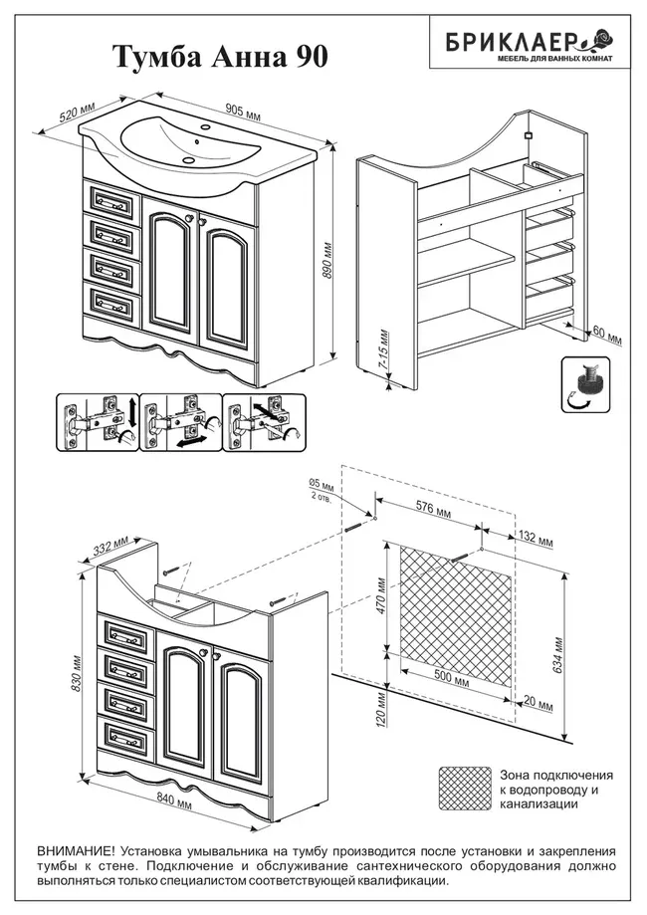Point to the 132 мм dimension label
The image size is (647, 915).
click(x=536, y=538)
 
